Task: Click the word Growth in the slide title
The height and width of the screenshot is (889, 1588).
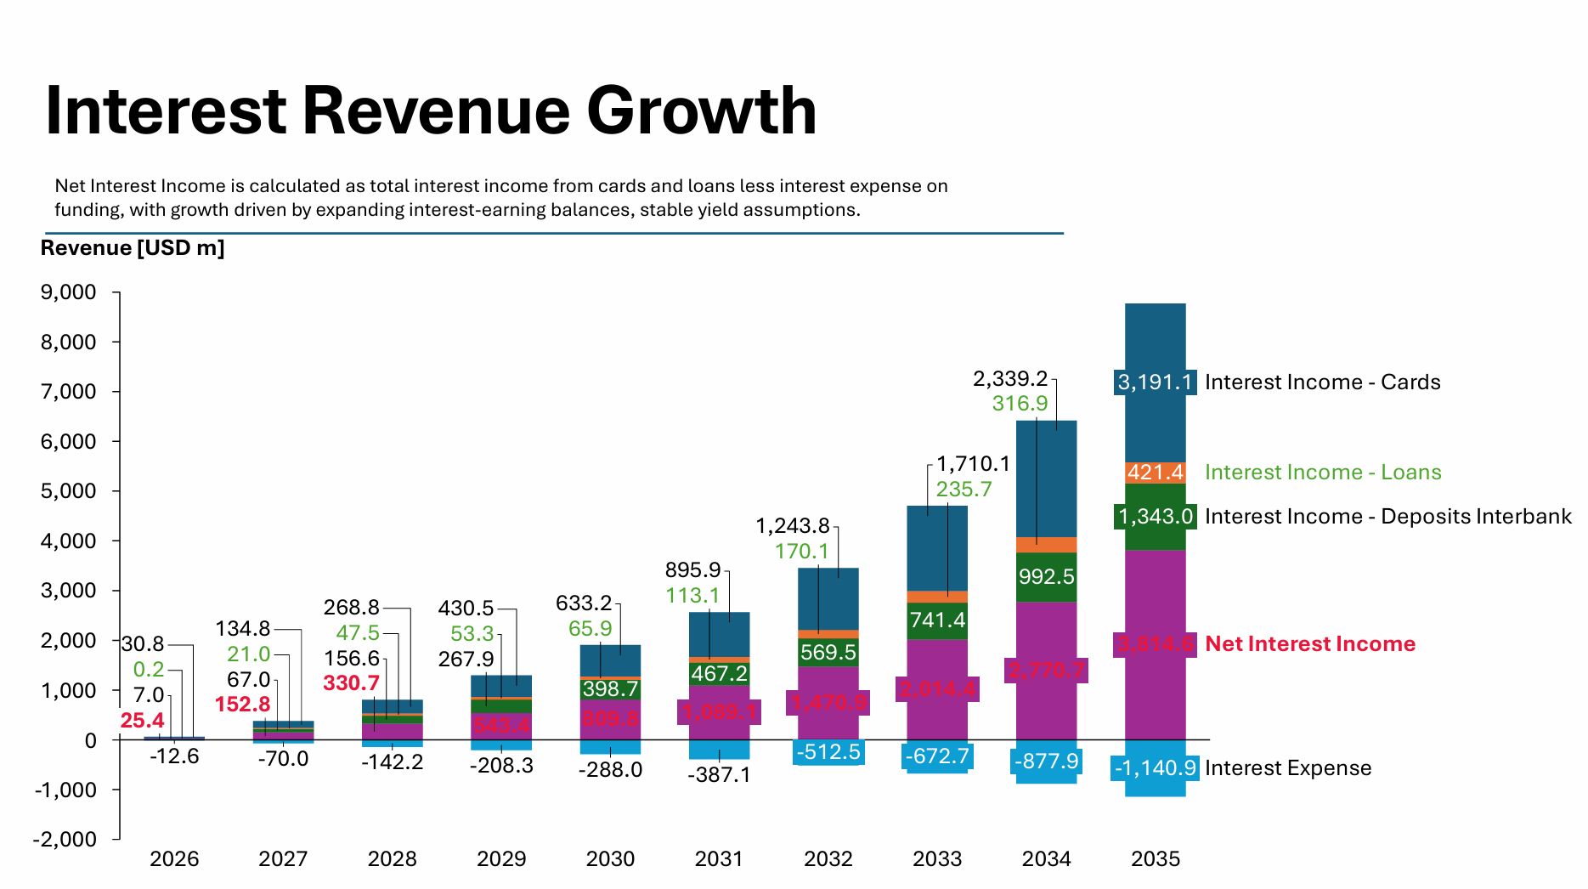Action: click(701, 111)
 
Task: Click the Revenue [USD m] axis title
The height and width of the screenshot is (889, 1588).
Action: click(133, 248)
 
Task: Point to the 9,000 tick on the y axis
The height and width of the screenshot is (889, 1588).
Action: click(68, 293)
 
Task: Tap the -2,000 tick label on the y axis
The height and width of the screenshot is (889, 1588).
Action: click(65, 840)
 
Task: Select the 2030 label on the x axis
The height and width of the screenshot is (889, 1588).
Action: click(610, 859)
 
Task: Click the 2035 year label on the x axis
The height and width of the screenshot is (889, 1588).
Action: click(1155, 859)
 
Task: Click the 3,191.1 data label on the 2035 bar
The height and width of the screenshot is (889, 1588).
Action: click(1155, 382)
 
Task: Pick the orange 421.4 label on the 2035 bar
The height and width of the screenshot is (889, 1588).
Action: click(1155, 473)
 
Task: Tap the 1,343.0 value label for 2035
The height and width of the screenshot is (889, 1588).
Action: click(1155, 517)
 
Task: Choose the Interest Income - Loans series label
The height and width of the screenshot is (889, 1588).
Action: click(1322, 473)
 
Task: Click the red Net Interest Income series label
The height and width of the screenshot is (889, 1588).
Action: click(1309, 644)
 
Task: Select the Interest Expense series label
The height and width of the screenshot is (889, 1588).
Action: click(1287, 768)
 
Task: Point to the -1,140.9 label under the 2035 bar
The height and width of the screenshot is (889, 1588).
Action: click(1155, 768)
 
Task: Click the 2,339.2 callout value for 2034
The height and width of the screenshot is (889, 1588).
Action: click(1009, 379)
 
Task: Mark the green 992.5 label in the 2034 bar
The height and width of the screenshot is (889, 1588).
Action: click(1046, 577)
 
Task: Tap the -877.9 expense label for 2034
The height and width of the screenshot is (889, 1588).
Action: click(1046, 761)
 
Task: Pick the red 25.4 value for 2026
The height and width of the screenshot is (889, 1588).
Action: click(142, 721)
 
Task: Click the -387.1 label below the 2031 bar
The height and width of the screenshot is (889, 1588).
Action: click(719, 775)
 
